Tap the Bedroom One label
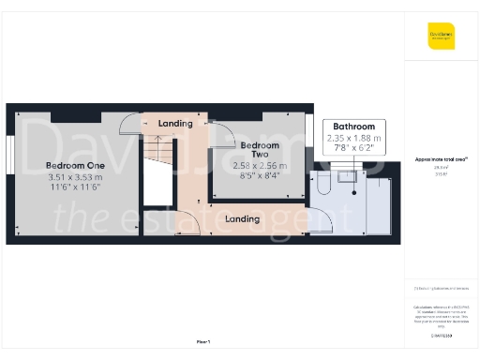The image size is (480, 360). click(74, 166)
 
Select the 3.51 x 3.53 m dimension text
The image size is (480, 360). click(74, 177)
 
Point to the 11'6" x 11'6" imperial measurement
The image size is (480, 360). click(74, 188)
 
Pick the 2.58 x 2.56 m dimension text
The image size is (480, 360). click(260, 166)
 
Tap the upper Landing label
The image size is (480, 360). click(175, 124)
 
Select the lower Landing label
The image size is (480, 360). click(243, 219)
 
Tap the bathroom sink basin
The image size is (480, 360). click(343, 174)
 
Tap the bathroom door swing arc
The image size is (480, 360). click(322, 219)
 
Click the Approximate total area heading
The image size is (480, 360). click(441, 159)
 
